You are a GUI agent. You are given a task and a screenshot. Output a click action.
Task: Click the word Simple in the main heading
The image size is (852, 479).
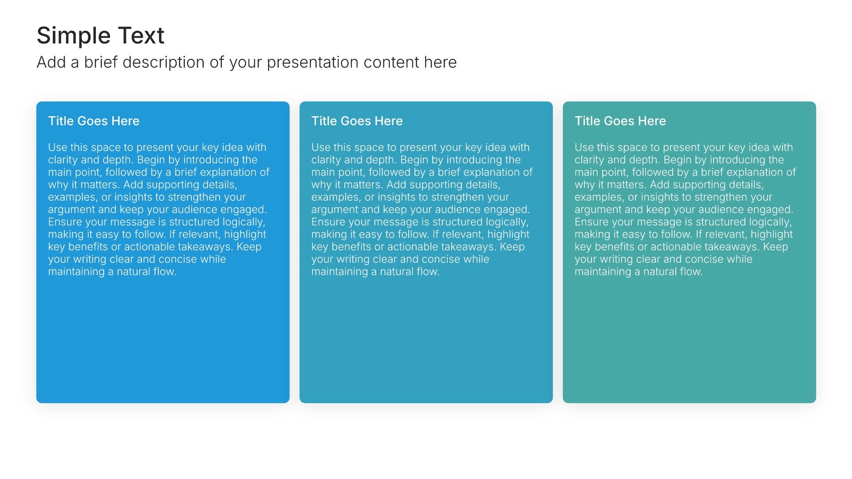click(x=73, y=36)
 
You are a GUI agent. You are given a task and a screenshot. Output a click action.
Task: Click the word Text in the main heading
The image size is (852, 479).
click(x=141, y=35)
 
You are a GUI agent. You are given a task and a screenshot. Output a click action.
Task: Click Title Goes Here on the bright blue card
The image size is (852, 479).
click(x=94, y=121)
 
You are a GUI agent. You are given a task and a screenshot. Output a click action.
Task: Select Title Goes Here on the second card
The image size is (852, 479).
click(x=357, y=121)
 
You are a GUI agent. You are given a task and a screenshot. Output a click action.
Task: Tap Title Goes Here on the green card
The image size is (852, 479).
click(x=620, y=121)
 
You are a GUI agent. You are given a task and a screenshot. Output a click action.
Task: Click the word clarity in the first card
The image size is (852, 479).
click(x=61, y=160)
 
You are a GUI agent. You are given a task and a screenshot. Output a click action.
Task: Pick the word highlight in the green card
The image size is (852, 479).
click(x=772, y=235)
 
